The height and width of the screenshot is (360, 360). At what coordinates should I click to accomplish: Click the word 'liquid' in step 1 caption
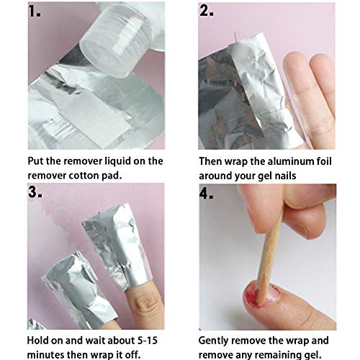point(122,161)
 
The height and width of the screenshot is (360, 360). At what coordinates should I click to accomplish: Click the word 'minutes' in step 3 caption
point(50,357)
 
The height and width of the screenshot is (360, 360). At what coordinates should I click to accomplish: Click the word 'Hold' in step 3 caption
point(40,343)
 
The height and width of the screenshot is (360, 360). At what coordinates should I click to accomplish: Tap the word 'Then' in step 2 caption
point(213,161)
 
